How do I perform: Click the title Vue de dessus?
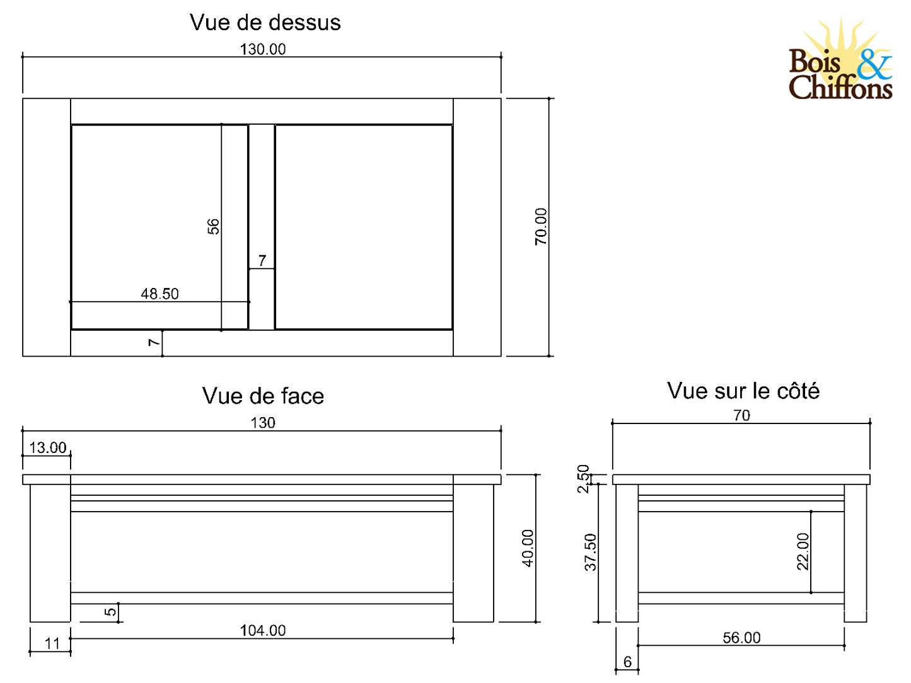tap(265, 23)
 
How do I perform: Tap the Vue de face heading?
tap(263, 396)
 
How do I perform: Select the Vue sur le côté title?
tap(743, 391)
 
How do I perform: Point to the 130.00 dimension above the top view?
tap(263, 49)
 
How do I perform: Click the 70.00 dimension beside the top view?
tap(541, 227)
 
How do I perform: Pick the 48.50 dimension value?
tap(160, 294)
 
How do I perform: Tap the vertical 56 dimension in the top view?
tap(213, 226)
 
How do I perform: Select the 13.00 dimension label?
tap(47, 448)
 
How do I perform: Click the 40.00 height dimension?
tap(528, 548)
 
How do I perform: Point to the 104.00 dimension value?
tap(263, 631)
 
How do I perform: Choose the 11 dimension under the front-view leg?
tap(52, 644)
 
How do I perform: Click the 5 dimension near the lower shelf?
tap(110, 612)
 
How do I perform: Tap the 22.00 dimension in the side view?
tap(802, 552)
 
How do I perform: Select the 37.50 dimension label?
tap(590, 553)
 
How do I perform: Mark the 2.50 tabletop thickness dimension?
tap(583, 479)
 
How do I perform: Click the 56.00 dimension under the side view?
tap(741, 638)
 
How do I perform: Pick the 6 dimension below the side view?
tap(627, 662)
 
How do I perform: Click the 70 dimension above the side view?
tap(741, 416)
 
